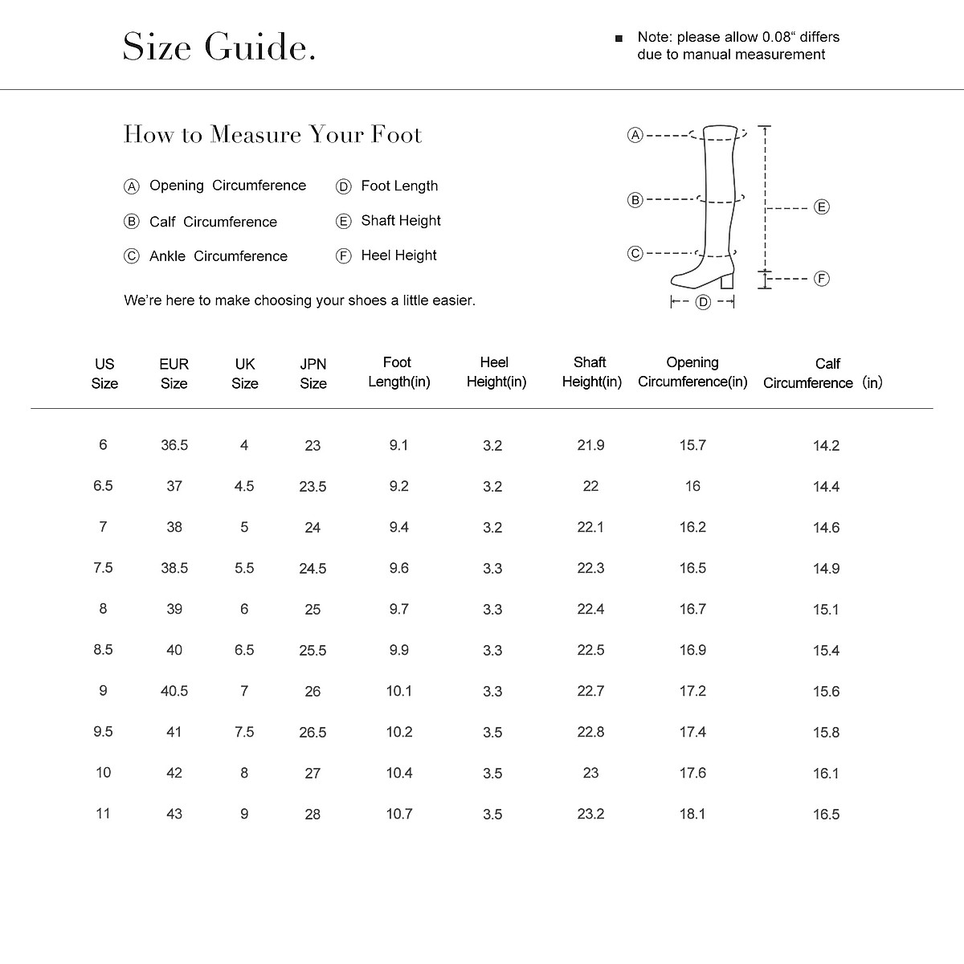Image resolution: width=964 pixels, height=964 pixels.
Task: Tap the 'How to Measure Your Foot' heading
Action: (x=272, y=134)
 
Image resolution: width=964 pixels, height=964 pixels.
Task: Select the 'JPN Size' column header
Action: (x=313, y=374)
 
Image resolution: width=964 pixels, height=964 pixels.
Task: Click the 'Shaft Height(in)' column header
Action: (x=591, y=372)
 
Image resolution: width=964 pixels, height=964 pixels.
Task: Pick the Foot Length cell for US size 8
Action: (x=398, y=609)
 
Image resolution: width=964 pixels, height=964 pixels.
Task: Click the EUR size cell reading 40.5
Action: (x=174, y=691)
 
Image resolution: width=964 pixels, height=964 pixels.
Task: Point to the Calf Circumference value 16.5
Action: (x=826, y=815)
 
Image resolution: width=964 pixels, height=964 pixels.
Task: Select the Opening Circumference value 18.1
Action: (x=692, y=814)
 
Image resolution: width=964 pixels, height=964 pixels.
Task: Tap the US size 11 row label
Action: (x=103, y=814)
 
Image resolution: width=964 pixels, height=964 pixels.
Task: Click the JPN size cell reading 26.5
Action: (x=312, y=733)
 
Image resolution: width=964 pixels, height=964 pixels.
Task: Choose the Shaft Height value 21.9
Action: (x=590, y=445)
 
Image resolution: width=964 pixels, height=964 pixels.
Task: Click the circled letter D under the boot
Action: (x=703, y=302)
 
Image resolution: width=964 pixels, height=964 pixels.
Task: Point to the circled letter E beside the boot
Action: (x=821, y=207)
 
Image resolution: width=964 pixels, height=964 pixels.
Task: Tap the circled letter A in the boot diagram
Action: (x=635, y=135)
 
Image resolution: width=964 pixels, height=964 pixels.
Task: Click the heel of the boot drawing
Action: (x=728, y=281)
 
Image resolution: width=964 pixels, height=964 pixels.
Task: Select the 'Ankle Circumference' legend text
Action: (x=218, y=256)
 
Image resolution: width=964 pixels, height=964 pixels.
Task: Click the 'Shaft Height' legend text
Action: (x=401, y=221)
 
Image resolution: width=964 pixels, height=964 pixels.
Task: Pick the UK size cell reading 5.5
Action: (x=244, y=568)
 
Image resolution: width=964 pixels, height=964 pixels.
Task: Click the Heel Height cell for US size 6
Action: (x=492, y=446)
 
